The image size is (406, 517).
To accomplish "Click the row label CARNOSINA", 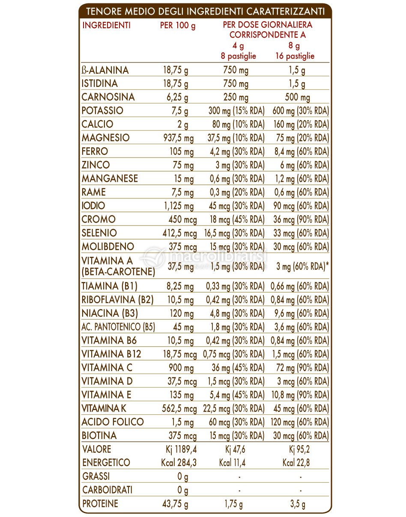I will (108, 97).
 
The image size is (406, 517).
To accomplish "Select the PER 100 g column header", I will (177, 26).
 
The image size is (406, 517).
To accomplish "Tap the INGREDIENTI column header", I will (106, 25).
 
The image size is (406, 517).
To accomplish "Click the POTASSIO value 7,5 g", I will (179, 111).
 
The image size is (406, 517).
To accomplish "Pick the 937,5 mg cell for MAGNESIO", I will (177, 138).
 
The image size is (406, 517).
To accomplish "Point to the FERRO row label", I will (95, 152).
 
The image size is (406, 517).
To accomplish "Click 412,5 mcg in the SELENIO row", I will (180, 233).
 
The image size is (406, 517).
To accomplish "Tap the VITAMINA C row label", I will (107, 368).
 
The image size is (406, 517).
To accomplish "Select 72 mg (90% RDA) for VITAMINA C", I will (300, 368).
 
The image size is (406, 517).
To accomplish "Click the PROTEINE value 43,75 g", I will (176, 504).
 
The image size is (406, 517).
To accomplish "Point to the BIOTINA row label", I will (99, 436).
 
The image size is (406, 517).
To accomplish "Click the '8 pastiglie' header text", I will (238, 56).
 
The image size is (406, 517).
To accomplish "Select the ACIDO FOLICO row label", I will (113, 422).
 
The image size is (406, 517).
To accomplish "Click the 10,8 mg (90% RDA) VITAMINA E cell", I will (300, 395).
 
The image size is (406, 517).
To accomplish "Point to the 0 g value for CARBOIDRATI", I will (183, 490).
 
